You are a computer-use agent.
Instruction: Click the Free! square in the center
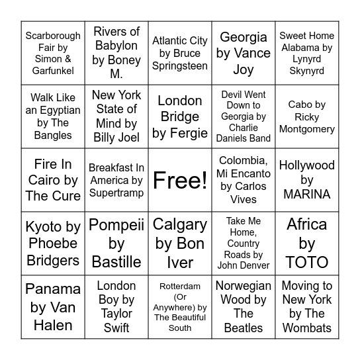click(180, 180)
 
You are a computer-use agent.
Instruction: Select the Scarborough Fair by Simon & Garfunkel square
click(53, 53)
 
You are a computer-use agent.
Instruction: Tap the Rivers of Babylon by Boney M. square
click(116, 53)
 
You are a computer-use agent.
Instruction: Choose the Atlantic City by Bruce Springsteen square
click(180, 53)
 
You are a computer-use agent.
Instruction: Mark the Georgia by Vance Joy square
click(244, 53)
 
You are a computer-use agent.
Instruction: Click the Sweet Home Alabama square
click(307, 53)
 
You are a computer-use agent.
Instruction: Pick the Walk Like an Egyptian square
click(53, 116)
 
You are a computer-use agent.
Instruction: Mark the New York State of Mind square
click(116, 116)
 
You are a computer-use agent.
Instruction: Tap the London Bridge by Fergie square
click(180, 116)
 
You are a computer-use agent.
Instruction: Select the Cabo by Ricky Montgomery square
click(307, 116)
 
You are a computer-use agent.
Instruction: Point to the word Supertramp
click(116, 193)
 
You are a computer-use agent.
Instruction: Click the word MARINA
click(307, 195)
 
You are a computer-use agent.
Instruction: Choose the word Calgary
click(180, 225)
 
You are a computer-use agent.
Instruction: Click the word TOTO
click(307, 263)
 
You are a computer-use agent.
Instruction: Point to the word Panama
click(53, 289)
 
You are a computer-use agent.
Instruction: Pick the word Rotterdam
click(180, 287)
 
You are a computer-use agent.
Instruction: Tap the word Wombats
click(307, 328)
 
